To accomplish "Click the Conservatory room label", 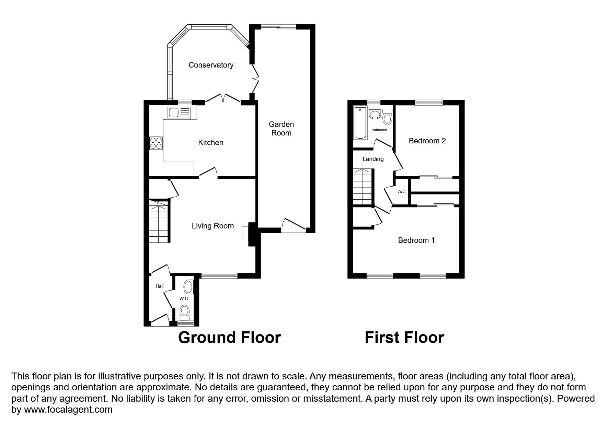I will [x=211, y=65].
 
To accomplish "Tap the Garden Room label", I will [x=281, y=129].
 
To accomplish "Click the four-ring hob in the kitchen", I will [x=156, y=143].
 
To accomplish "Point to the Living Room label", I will [x=213, y=226].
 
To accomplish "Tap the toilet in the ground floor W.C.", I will [x=185, y=311].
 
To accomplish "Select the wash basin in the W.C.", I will [x=188, y=286].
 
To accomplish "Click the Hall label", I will [x=159, y=286].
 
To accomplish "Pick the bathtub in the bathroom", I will [x=360, y=123].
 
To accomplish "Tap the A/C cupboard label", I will [x=402, y=191].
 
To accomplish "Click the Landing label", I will [x=373, y=159].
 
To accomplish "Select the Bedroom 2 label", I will [x=427, y=141].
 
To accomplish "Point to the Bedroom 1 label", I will [x=416, y=240].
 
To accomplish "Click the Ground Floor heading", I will [x=229, y=338].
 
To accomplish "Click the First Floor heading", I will [x=404, y=338].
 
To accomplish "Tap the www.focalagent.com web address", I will [x=68, y=410].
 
